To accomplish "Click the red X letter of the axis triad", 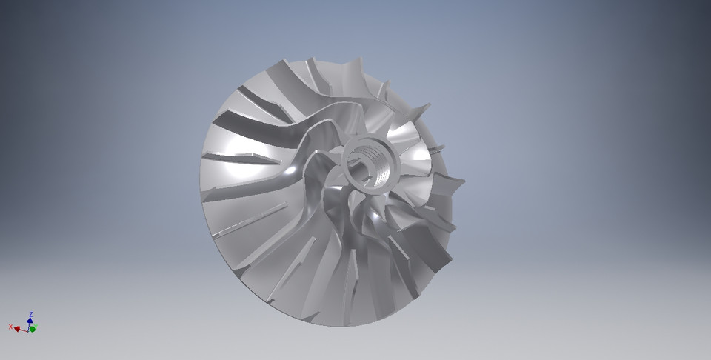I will tap(10, 326).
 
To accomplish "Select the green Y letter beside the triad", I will tap(33, 328).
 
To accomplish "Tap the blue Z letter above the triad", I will tap(30, 314).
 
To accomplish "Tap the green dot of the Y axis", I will tap(33, 328).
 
